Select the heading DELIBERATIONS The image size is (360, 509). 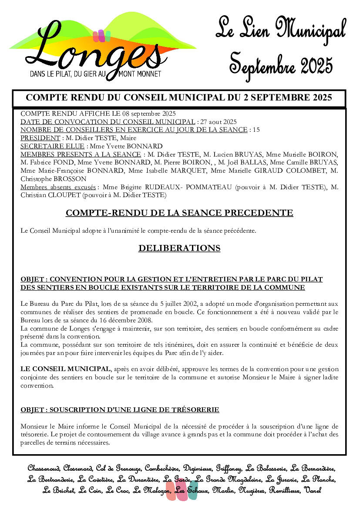[179, 248]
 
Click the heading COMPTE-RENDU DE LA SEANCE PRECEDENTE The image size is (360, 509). [179, 213]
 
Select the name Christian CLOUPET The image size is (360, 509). [44, 195]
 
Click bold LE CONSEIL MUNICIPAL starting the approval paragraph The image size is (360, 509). [65, 369]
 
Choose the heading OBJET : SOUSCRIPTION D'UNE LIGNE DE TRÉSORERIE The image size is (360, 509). [120, 410]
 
